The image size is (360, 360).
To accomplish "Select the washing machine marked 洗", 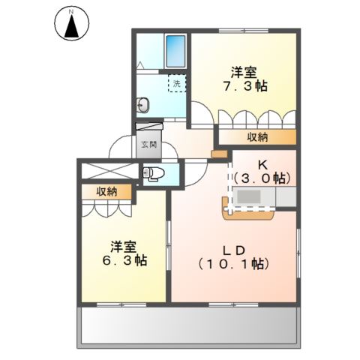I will [x=176, y=84].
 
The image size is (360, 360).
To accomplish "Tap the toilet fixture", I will [x=154, y=174].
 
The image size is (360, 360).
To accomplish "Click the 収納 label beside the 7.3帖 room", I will [x=256, y=137].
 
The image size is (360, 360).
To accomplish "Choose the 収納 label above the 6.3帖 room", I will [x=106, y=192].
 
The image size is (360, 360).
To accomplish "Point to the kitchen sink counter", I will [x=255, y=198].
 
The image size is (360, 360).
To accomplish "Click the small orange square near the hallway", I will [x=218, y=154].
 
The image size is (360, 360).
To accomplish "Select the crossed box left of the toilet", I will [x=109, y=171].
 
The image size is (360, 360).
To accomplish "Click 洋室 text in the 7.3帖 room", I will [x=244, y=72].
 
